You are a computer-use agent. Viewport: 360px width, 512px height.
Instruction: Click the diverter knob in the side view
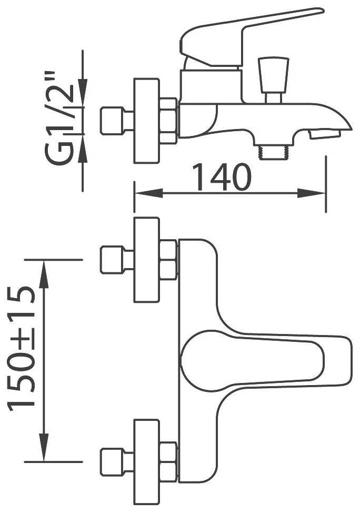273,74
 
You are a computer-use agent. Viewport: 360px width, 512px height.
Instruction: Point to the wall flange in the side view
147,121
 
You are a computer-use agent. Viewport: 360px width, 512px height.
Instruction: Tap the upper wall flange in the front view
147,260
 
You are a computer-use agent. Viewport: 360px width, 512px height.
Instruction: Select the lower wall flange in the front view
147,461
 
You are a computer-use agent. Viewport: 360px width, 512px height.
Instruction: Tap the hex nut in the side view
168,121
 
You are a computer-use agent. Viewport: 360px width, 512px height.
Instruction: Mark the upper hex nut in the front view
168,260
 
